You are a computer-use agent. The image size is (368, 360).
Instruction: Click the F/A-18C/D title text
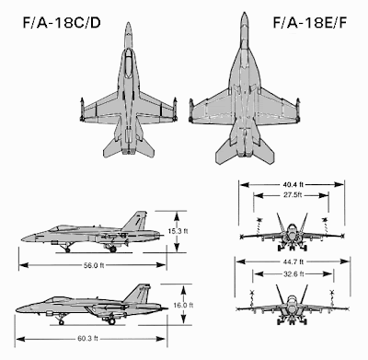click(x=62, y=23)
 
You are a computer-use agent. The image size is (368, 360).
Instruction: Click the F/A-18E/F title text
click(x=310, y=23)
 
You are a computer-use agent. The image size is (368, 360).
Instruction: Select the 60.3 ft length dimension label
click(x=87, y=339)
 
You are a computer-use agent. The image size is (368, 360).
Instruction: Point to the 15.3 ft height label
click(x=178, y=231)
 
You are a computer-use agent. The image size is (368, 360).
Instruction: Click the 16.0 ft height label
click(x=183, y=306)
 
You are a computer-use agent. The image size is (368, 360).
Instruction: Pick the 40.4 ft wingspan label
click(x=293, y=184)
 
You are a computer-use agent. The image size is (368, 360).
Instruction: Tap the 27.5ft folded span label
click(x=293, y=195)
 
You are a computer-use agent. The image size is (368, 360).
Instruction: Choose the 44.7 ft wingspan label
click(x=293, y=261)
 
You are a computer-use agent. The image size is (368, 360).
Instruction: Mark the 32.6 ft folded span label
click(x=293, y=273)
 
